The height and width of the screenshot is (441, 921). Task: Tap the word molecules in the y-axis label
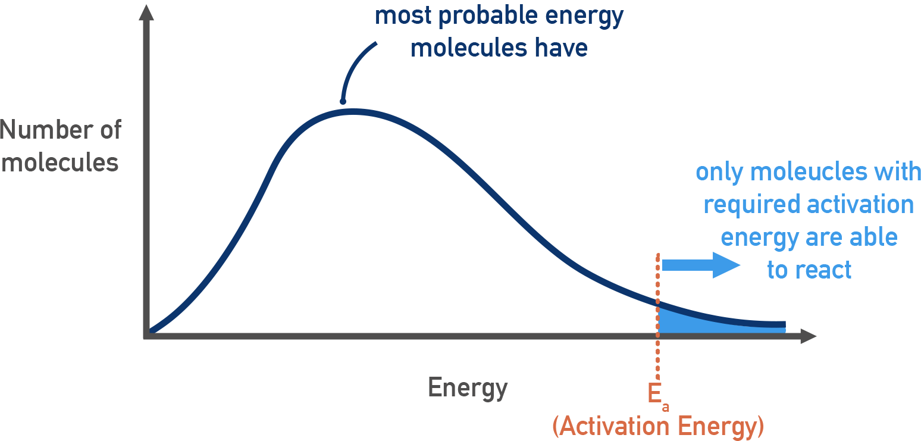click(x=60, y=162)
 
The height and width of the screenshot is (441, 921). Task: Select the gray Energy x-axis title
click(x=468, y=388)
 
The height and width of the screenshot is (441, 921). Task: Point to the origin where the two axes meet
click(x=146, y=336)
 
